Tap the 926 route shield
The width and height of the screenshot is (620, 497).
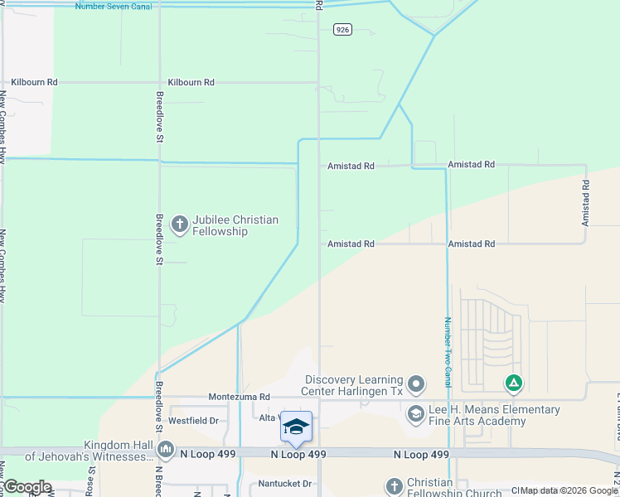click(x=342, y=30)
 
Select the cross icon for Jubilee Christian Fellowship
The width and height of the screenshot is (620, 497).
click(x=179, y=224)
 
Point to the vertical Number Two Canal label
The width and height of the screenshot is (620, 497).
click(x=448, y=351)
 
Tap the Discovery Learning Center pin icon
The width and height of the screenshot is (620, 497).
click(x=416, y=385)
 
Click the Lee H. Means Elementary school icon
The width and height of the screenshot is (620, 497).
click(x=416, y=415)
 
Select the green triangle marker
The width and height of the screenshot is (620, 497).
click(x=514, y=384)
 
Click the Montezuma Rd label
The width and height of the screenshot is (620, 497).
click(x=240, y=398)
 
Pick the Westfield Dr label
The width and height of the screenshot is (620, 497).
click(x=193, y=421)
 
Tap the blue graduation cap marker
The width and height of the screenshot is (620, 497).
click(x=296, y=427)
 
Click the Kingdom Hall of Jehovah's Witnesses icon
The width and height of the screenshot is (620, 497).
click(x=166, y=450)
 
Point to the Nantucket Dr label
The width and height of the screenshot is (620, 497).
click(x=283, y=484)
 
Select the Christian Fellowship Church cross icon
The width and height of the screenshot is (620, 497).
click(x=394, y=487)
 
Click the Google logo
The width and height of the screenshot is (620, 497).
click(x=27, y=487)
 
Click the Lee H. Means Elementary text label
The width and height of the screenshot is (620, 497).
click(x=494, y=415)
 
